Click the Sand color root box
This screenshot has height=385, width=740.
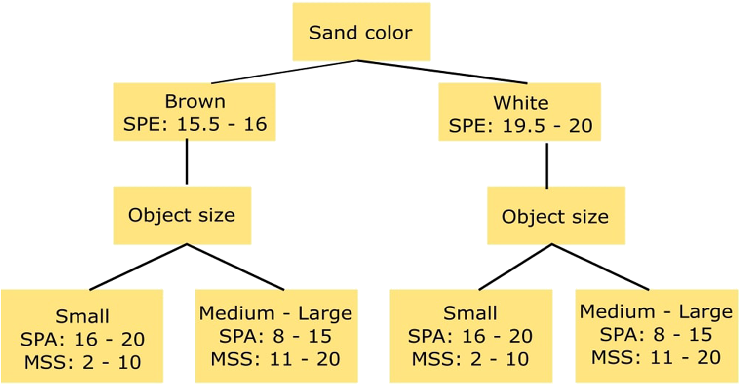(360, 33)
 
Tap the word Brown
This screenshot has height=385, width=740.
(195, 102)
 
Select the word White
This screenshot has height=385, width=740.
(520, 103)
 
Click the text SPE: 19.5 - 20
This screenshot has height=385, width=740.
(520, 125)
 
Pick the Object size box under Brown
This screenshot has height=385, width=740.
(182, 215)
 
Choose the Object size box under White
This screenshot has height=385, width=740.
(555, 217)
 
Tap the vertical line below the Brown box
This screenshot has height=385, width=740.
(187, 162)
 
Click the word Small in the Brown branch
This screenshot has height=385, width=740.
(82, 315)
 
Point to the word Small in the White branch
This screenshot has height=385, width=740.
(470, 314)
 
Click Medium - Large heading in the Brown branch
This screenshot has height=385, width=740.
(275, 313)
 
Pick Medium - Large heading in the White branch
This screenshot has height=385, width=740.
(656, 312)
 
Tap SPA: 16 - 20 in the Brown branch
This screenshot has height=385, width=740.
(82, 339)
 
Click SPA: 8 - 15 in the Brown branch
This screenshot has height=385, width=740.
(275, 336)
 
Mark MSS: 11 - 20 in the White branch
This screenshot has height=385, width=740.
(656, 357)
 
